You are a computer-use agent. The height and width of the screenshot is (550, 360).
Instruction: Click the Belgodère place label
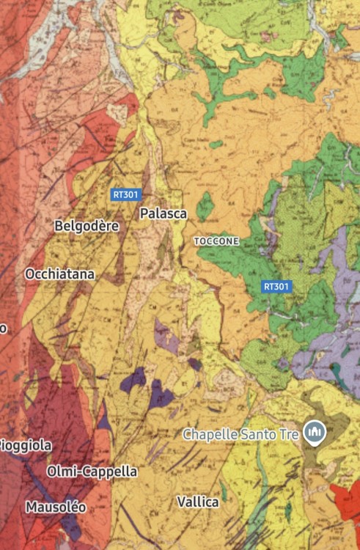pyautogui.click(x=87, y=227)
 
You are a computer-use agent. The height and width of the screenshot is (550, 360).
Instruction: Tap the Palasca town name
pyautogui.click(x=164, y=213)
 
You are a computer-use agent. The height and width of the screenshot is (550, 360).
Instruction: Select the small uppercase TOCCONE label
pyautogui.click(x=216, y=241)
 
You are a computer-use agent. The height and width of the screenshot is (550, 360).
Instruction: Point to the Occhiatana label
pyautogui.click(x=60, y=274)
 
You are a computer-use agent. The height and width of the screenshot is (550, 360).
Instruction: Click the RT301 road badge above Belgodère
pyautogui.click(x=126, y=195)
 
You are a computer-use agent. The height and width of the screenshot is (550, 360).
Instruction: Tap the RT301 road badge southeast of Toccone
pyautogui.click(x=276, y=287)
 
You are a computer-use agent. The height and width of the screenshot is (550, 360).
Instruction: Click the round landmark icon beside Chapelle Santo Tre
pyautogui.click(x=315, y=433)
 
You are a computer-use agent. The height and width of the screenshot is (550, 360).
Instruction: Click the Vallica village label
pyautogui.click(x=198, y=502)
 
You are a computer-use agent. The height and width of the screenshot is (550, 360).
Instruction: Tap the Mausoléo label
pyautogui.click(x=56, y=507)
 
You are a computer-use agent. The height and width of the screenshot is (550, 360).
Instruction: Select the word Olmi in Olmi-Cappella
pyautogui.click(x=61, y=471)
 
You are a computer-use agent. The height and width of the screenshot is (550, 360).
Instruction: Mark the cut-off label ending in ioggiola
pyautogui.click(x=26, y=445)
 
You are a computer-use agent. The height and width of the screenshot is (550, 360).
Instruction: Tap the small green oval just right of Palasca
pyautogui.click(x=206, y=206)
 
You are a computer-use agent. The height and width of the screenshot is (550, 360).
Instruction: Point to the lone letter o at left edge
pyautogui.click(x=3, y=328)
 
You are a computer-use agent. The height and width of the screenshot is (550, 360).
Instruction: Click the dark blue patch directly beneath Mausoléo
pyautogui.click(x=70, y=527)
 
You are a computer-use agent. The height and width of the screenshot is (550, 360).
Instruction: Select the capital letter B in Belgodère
pyautogui.click(x=59, y=227)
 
